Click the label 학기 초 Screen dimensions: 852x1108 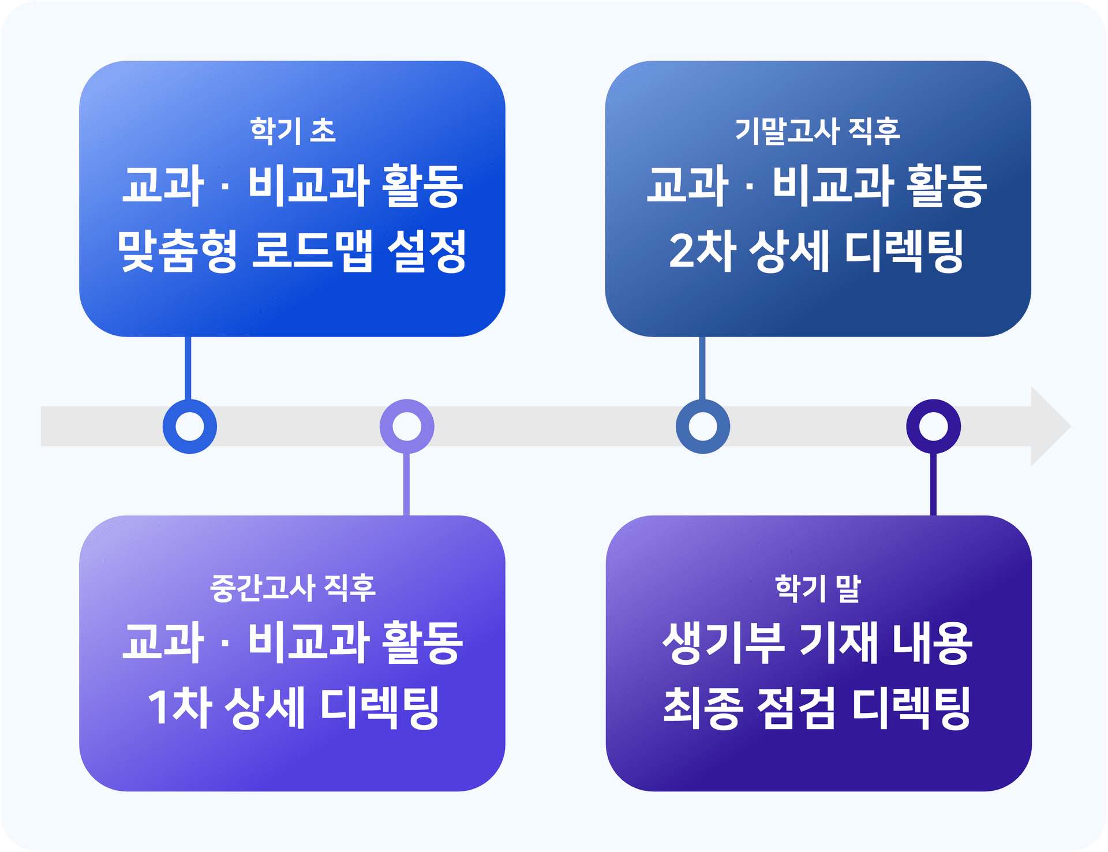293,130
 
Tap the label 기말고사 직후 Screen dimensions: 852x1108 817,130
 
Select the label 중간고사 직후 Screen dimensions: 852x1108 293,588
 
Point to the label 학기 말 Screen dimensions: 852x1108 817,588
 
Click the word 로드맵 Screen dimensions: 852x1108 312,251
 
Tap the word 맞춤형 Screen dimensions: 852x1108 177,251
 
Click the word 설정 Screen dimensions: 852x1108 427,251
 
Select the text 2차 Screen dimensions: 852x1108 702,251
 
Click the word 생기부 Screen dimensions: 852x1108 724,642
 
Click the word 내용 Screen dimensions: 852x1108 932,642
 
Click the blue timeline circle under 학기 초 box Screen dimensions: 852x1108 189,427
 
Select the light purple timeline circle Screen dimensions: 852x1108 407,427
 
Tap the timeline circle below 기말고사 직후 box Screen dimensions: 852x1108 702,427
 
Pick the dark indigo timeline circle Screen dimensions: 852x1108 933,427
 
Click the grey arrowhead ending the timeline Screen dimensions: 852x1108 1049,427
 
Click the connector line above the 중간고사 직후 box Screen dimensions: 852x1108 407,485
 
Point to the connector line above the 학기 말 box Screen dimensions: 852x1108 933,485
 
